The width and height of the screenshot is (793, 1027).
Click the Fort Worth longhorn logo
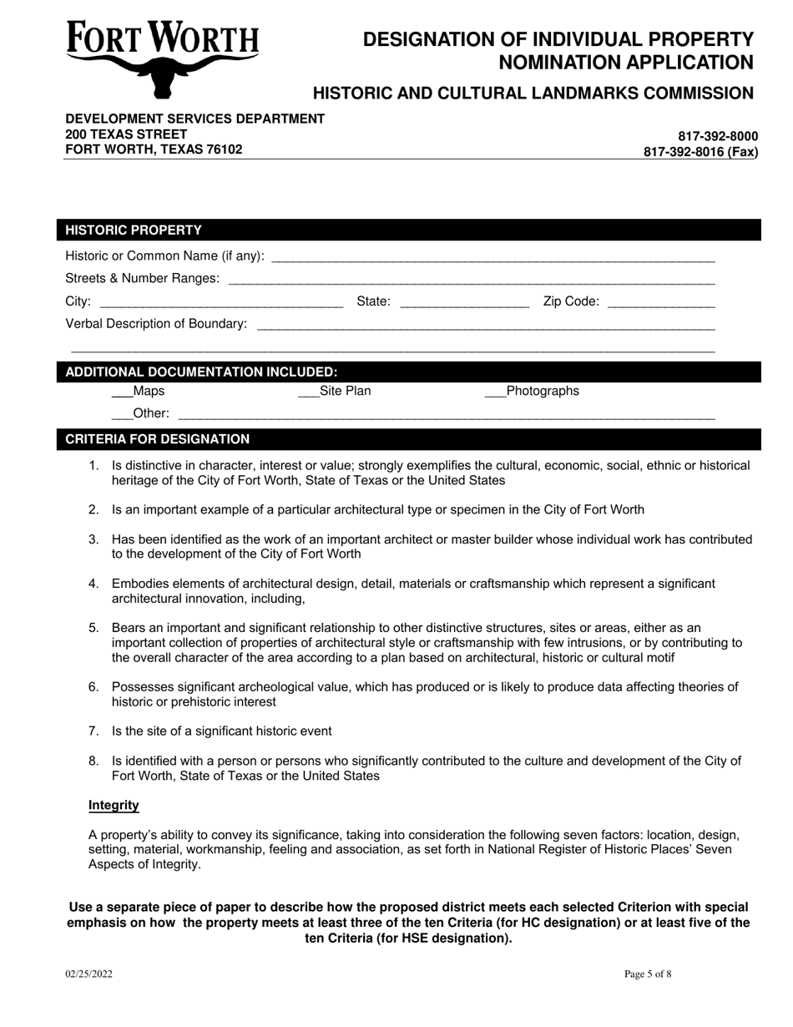[162, 57]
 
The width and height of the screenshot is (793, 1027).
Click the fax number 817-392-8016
[700, 152]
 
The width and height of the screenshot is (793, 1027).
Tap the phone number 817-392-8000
[718, 136]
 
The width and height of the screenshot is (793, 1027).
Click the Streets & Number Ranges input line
[471, 279]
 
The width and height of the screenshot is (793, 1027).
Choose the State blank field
[464, 302]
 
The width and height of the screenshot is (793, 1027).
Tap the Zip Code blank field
[661, 302]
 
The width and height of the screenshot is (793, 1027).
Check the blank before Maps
[122, 392]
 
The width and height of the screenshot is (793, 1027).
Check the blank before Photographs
[495, 392]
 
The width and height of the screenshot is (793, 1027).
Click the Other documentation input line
[447, 414]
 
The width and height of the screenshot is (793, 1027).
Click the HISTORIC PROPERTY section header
[134, 230]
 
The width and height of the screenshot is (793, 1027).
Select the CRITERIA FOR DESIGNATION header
[158, 439]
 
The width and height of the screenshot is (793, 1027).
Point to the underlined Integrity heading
[114, 806]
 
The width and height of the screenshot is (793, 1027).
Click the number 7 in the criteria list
[94, 731]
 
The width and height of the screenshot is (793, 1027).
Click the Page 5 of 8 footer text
[648, 974]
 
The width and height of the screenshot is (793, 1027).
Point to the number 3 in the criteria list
[94, 540]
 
